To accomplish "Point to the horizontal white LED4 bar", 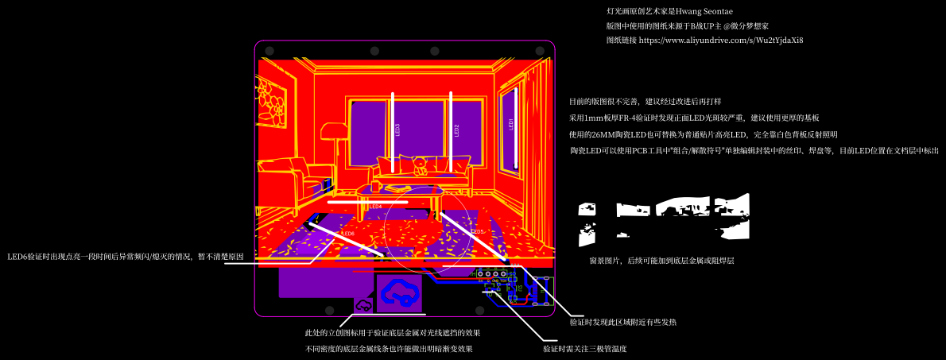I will (367, 202).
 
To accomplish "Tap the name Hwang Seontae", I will (704, 11).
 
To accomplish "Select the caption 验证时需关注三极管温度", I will (585, 349).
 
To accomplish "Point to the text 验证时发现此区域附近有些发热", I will (623, 323).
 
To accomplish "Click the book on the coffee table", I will (396, 188).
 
